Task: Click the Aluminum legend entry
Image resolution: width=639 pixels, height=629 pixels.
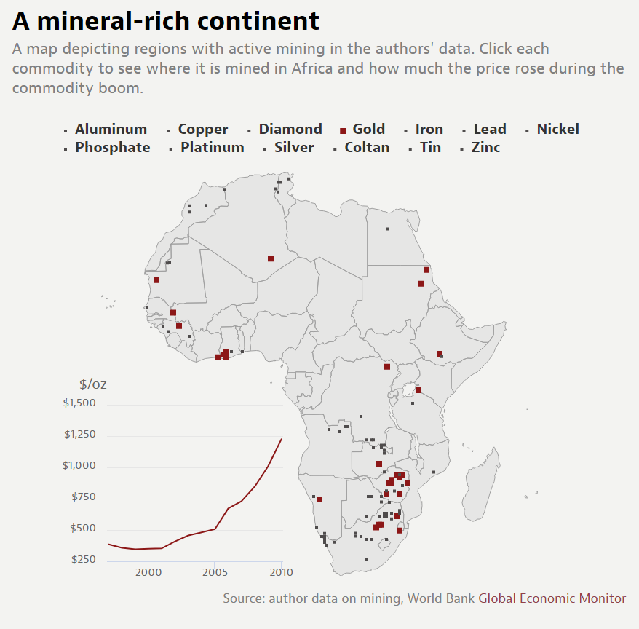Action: pos(111,130)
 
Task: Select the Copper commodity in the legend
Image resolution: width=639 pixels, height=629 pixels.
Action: pos(202,130)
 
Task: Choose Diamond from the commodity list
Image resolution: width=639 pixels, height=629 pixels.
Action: pos(290,130)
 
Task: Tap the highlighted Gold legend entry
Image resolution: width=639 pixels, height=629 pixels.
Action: pos(368,130)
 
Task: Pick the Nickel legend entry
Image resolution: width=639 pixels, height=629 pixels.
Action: pos(557,130)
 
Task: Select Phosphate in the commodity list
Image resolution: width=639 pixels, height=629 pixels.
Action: pos(112,148)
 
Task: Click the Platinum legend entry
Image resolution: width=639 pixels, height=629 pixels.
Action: pos(212,148)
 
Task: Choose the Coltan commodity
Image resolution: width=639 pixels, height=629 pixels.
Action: pos(367,148)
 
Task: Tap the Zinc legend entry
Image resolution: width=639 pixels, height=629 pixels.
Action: pos(485,148)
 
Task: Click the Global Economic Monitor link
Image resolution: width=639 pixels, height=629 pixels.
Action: pos(552,598)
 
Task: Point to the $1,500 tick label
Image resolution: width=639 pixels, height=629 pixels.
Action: pos(79,403)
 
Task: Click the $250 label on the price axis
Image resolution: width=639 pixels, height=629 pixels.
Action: pos(84,560)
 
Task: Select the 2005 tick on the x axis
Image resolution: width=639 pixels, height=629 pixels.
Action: pos(214,573)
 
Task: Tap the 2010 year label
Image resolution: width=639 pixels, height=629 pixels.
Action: pos(280,573)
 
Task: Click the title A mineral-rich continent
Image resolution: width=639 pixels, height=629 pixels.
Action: pos(166,21)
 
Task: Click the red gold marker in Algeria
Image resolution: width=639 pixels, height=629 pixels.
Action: pos(271,258)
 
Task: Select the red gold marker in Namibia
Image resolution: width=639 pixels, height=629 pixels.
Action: pos(319,499)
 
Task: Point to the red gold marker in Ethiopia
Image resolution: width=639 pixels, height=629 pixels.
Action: pos(440,354)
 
